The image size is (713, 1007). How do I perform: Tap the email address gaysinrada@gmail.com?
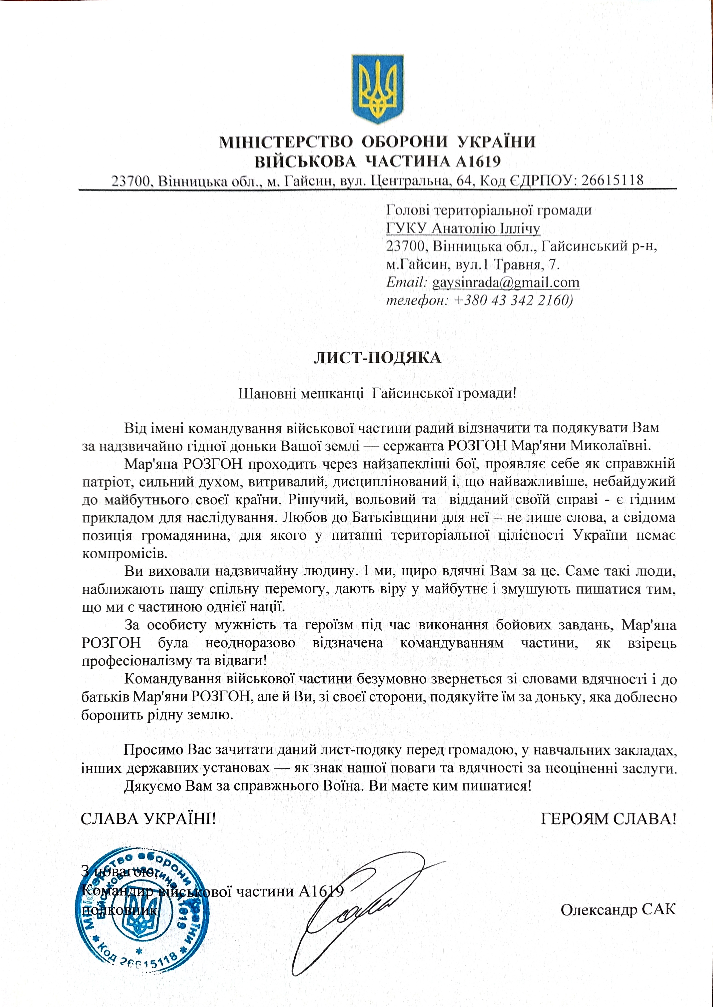click(506, 282)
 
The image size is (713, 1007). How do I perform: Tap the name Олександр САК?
click(618, 909)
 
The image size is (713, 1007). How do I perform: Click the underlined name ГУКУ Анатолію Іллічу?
click(463, 228)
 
